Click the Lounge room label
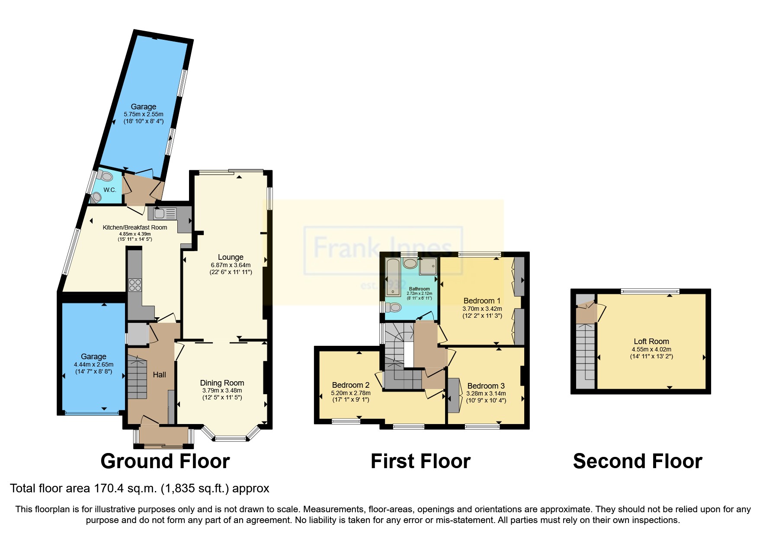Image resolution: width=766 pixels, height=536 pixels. (x=231, y=257)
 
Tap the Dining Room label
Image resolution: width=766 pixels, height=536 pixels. (x=222, y=383)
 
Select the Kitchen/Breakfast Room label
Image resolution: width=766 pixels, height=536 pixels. (x=135, y=227)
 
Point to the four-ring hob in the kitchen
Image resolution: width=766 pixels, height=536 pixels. (x=135, y=285)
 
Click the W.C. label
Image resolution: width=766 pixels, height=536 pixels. (x=109, y=190)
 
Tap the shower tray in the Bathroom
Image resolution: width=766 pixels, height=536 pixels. (x=428, y=267)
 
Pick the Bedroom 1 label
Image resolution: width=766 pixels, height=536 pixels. (x=482, y=301)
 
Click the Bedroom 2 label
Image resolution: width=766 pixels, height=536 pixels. (x=350, y=385)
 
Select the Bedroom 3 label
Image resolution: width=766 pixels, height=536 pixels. (x=486, y=386)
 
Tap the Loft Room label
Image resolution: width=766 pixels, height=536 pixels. (x=651, y=341)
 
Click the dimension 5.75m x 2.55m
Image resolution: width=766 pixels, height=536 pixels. (x=143, y=114)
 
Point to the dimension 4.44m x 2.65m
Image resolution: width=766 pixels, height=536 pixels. (x=93, y=364)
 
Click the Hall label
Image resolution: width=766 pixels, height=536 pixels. (x=159, y=375)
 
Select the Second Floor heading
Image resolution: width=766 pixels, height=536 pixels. (x=637, y=461)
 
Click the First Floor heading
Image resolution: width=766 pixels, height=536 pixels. (x=420, y=461)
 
